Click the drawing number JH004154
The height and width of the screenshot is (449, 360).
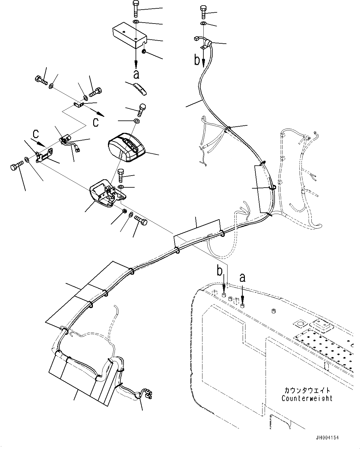coord(327,438)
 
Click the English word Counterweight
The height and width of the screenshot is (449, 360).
coord(307,398)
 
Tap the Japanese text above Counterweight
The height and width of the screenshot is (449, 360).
coord(307,390)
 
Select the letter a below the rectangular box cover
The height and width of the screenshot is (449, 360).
coord(136,74)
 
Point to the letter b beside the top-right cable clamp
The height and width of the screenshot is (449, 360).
coord(197,60)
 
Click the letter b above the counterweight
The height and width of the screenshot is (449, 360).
coord(220,272)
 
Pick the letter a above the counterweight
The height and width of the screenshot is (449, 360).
coord(242,278)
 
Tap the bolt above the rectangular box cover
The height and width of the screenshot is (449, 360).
coord(137,9)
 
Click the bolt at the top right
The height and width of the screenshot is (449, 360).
coord(203,12)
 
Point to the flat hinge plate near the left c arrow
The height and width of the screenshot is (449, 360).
coord(45,155)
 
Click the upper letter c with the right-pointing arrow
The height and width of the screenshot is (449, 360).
coord(96,122)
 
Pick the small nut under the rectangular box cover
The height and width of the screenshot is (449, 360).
coord(144,51)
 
